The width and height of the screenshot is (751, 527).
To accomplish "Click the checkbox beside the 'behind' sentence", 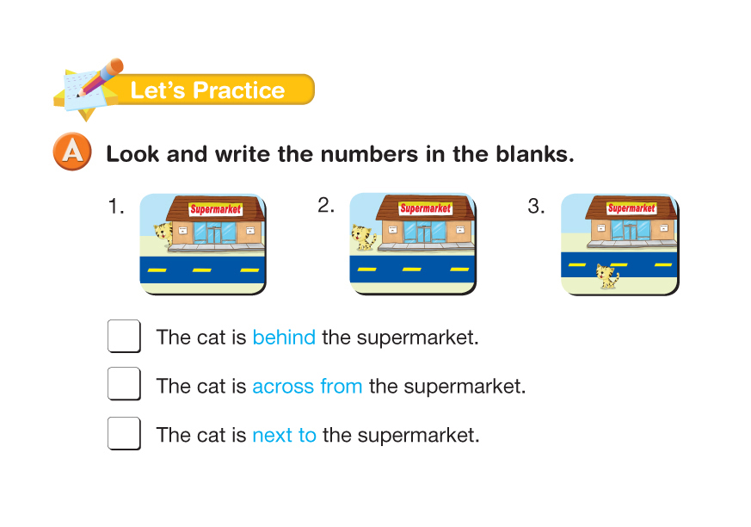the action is coord(124,336).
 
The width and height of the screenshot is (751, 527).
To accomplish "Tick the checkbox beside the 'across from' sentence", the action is coord(124,383).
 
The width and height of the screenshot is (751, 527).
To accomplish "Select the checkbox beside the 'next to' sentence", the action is coord(124,433).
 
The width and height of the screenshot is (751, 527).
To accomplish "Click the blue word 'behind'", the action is coord(284,337).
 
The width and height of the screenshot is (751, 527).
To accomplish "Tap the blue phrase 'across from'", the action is coord(307,386).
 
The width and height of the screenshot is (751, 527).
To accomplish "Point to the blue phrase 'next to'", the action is coord(285,436).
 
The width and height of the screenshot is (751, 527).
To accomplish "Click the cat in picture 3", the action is coord(607,276).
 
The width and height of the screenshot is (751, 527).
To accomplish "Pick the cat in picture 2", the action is coord(364,238).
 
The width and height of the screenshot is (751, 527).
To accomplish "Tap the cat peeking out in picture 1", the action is coord(163,235).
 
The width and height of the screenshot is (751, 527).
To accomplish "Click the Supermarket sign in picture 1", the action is coord(216,209).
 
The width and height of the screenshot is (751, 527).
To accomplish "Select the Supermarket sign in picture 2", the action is coord(425,208).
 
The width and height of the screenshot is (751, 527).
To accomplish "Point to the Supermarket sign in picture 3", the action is coord(631,208).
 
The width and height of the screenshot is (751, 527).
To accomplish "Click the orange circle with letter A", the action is coord(72,152).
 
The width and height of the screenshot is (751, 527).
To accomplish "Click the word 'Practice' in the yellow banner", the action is coord(239,90).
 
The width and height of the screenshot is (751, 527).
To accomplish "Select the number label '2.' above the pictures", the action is coord(326,205).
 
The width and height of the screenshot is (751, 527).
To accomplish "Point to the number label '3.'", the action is coord(536,206).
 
